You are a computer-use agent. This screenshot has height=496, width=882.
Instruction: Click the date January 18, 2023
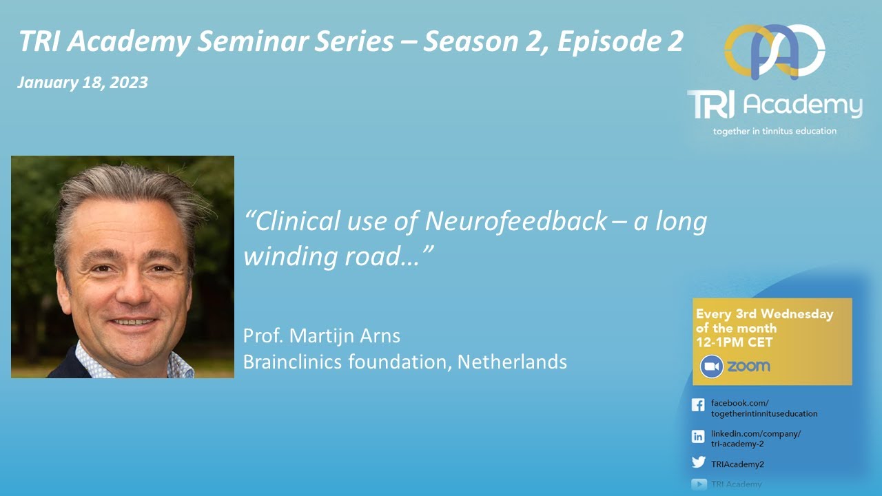tap(83, 83)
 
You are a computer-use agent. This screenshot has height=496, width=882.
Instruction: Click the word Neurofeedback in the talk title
tap(516, 222)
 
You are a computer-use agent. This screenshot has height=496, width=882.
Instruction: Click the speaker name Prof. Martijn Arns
tap(321, 337)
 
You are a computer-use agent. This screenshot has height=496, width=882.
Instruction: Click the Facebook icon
tap(698, 406)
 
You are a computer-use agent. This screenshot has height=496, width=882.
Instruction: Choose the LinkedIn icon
tap(698, 436)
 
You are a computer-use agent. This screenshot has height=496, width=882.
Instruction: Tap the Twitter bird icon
tap(698, 463)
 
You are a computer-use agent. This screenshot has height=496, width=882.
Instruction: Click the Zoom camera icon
tap(711, 366)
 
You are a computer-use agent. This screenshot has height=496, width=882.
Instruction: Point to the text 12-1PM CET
tap(735, 342)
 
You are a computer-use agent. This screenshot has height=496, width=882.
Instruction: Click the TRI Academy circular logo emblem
tap(775, 52)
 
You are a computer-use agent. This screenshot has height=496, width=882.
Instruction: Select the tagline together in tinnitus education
tap(775, 131)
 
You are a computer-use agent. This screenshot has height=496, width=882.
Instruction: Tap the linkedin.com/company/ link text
tap(755, 433)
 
